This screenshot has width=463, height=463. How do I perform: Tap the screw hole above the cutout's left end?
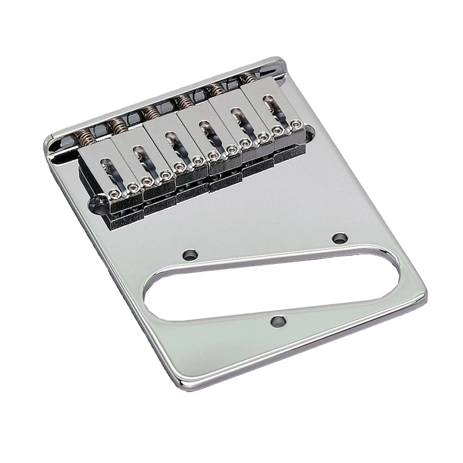[x=189, y=254]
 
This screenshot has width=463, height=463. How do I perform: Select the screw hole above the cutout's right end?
[x=340, y=237]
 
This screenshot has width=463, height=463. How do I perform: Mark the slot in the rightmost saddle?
[x=270, y=107]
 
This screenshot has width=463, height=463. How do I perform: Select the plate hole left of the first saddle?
[x=96, y=203]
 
